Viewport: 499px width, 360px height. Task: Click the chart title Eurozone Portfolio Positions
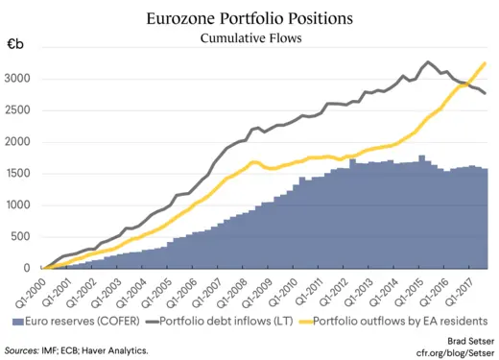249,18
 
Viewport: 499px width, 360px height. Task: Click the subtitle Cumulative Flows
249,38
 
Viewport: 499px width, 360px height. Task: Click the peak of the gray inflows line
426,62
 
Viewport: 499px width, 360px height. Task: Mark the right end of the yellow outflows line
485,62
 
